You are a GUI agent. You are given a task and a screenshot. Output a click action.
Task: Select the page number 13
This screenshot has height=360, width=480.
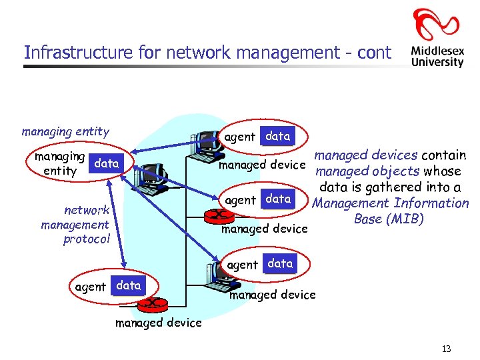[446, 349]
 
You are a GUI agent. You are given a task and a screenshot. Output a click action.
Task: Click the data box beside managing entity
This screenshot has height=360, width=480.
[106, 163]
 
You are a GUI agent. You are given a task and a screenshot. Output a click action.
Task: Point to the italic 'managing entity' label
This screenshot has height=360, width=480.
[65, 131]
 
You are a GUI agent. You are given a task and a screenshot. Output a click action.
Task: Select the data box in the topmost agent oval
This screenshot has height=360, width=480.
[277, 136]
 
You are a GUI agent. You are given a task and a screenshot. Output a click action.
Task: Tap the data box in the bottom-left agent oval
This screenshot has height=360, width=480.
[128, 285]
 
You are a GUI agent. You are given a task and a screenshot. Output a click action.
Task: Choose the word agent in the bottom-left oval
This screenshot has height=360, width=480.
[90, 287]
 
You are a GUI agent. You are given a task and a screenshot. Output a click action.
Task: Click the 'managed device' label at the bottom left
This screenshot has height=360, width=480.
[158, 323]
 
